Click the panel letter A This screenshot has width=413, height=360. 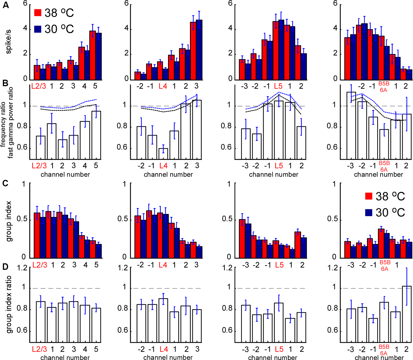click(x=6, y=5)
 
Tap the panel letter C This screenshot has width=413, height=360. click(x=5, y=183)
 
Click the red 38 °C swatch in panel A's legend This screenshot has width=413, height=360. click(x=38, y=13)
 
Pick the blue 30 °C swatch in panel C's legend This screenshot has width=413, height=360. click(x=369, y=212)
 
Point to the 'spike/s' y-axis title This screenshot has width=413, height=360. click(x=8, y=42)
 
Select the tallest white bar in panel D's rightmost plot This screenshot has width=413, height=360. click(x=407, y=314)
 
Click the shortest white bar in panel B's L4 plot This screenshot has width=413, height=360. click(x=163, y=154)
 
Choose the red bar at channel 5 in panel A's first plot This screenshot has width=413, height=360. click(x=93, y=55)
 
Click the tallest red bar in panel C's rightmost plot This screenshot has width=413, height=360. click(x=381, y=243)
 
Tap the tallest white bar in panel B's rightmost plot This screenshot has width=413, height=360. click(x=351, y=125)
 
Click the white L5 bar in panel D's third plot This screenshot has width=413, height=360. click(x=279, y=323)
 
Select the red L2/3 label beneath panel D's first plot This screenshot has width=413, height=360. click(x=39, y=349)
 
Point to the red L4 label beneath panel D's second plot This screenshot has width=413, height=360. click(x=164, y=349)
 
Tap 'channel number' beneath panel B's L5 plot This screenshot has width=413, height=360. click(x=273, y=174)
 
